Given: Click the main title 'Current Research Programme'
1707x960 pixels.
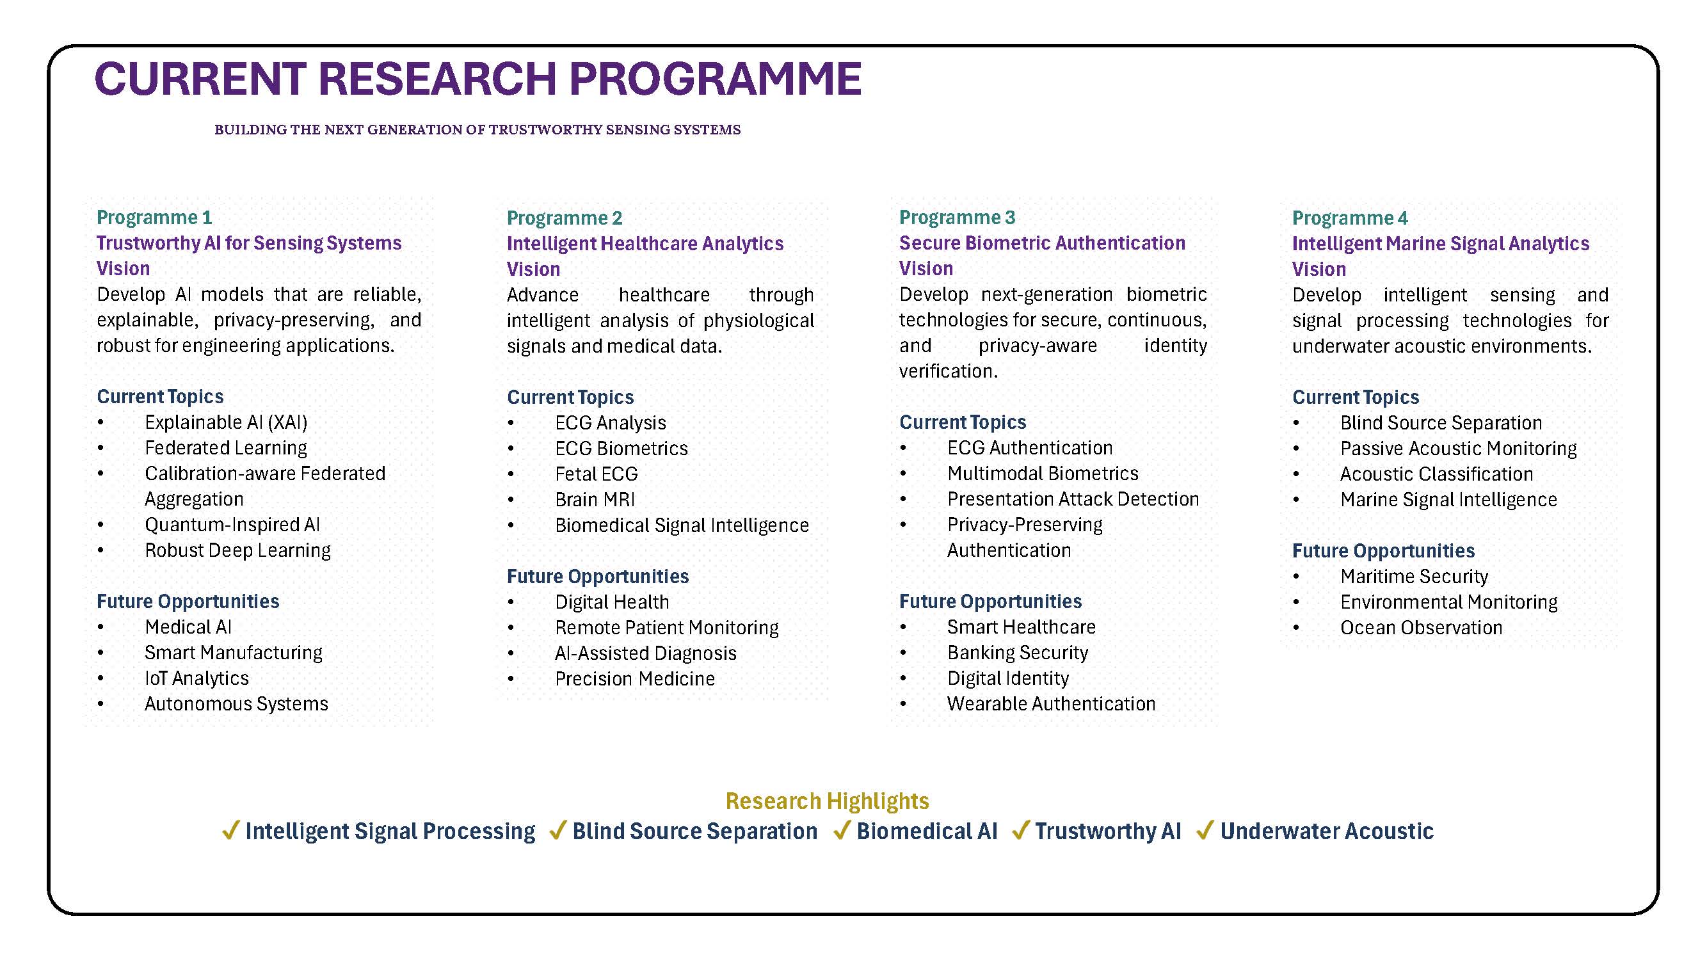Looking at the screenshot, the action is [x=477, y=79].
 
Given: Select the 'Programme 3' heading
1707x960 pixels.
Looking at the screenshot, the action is [x=957, y=218].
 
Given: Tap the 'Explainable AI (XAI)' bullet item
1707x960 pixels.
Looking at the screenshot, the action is [x=226, y=422].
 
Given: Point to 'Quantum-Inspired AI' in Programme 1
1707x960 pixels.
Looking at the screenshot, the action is [x=232, y=525].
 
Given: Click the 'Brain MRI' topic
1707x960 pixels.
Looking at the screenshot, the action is [x=595, y=500].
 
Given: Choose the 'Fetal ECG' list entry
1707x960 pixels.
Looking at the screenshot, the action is [x=597, y=474].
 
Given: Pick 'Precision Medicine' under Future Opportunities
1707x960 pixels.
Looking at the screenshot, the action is [x=635, y=678].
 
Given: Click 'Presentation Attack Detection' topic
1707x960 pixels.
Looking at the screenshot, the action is [x=1073, y=499].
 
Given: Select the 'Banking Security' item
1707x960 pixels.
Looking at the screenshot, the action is [x=1017, y=653].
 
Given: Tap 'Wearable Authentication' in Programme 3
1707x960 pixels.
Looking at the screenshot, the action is [x=1051, y=703].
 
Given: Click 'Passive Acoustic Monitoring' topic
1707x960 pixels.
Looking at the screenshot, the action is [x=1458, y=449].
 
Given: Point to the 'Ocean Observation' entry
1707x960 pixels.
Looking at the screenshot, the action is [x=1421, y=627].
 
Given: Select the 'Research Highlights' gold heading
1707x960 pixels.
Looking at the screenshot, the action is [x=827, y=801].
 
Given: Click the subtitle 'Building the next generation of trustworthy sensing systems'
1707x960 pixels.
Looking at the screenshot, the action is [x=477, y=130].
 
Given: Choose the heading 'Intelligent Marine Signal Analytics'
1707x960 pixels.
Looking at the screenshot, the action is [x=1440, y=244].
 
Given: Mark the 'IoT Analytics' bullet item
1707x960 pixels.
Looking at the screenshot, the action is [x=196, y=678].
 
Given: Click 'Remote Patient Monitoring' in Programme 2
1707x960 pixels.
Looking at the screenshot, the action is [x=667, y=627].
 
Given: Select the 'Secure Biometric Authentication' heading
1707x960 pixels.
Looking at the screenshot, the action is [x=1042, y=243].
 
